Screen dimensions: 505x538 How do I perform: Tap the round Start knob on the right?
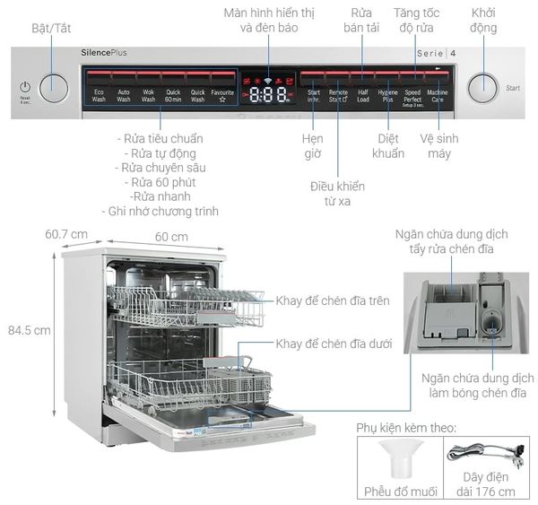point(483,87)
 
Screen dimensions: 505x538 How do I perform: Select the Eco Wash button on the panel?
point(99,95)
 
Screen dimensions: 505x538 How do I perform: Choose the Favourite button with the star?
point(222,95)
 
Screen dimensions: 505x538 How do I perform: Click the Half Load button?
point(363,95)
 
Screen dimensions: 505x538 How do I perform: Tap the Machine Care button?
point(438,95)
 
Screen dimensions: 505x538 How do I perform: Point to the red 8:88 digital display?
point(268,94)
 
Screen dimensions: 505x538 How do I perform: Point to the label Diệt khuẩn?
point(389,146)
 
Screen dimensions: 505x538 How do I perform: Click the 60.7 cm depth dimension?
point(67,234)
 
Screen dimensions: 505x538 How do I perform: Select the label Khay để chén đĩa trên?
point(333,300)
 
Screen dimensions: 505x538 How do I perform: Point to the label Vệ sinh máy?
point(439,146)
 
